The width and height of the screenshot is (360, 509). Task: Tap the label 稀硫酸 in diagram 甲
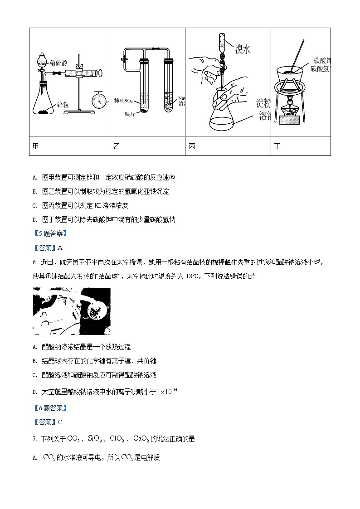click(58, 63)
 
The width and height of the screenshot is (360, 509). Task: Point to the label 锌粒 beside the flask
click(60, 105)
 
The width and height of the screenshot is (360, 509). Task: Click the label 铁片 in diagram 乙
click(131, 115)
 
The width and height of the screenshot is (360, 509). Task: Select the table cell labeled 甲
click(69, 146)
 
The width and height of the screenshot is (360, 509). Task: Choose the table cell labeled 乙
click(147, 146)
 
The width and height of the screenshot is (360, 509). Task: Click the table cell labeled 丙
click(228, 146)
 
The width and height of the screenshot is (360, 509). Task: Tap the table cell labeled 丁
click(301, 146)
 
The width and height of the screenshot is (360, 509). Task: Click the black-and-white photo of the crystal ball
click(71, 311)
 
